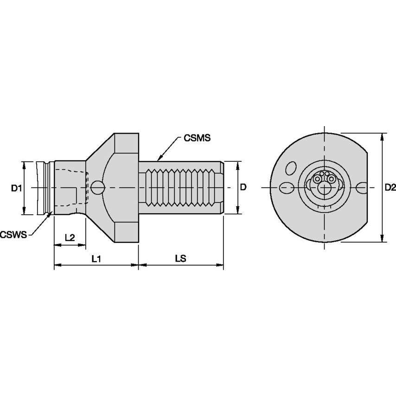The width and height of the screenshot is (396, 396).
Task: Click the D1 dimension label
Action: pyautogui.click(x=17, y=188)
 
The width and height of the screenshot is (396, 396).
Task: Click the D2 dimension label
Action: pyautogui.click(x=390, y=188)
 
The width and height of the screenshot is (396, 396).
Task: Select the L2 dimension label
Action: pyautogui.click(x=70, y=237)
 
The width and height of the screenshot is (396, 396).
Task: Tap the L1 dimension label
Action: pyautogui.click(x=96, y=259)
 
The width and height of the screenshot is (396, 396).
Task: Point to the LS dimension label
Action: pyautogui.click(x=181, y=259)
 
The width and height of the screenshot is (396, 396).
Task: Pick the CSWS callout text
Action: pyautogui.click(x=13, y=235)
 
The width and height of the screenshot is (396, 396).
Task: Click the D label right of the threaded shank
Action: pyautogui.click(x=243, y=187)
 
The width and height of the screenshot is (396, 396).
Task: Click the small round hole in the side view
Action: pyautogui.click(x=97, y=187)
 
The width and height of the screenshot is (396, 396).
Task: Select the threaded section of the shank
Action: pyautogui.click(x=181, y=187)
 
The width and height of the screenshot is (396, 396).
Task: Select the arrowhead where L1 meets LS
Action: pyautogui.click(x=139, y=265)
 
